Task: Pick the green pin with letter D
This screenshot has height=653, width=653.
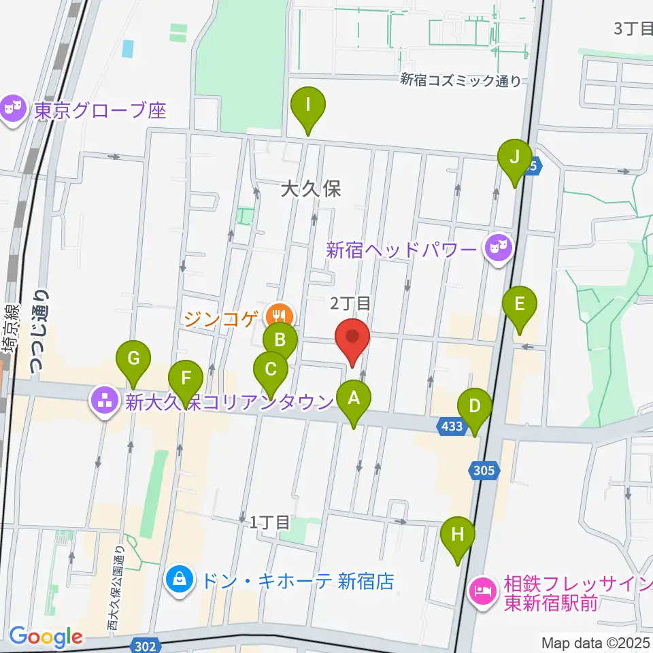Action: (475, 409)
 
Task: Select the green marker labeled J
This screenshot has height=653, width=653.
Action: (515, 160)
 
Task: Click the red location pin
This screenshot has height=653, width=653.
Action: (352, 338)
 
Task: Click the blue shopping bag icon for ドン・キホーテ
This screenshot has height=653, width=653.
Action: (179, 581)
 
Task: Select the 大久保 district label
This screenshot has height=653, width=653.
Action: (310, 189)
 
